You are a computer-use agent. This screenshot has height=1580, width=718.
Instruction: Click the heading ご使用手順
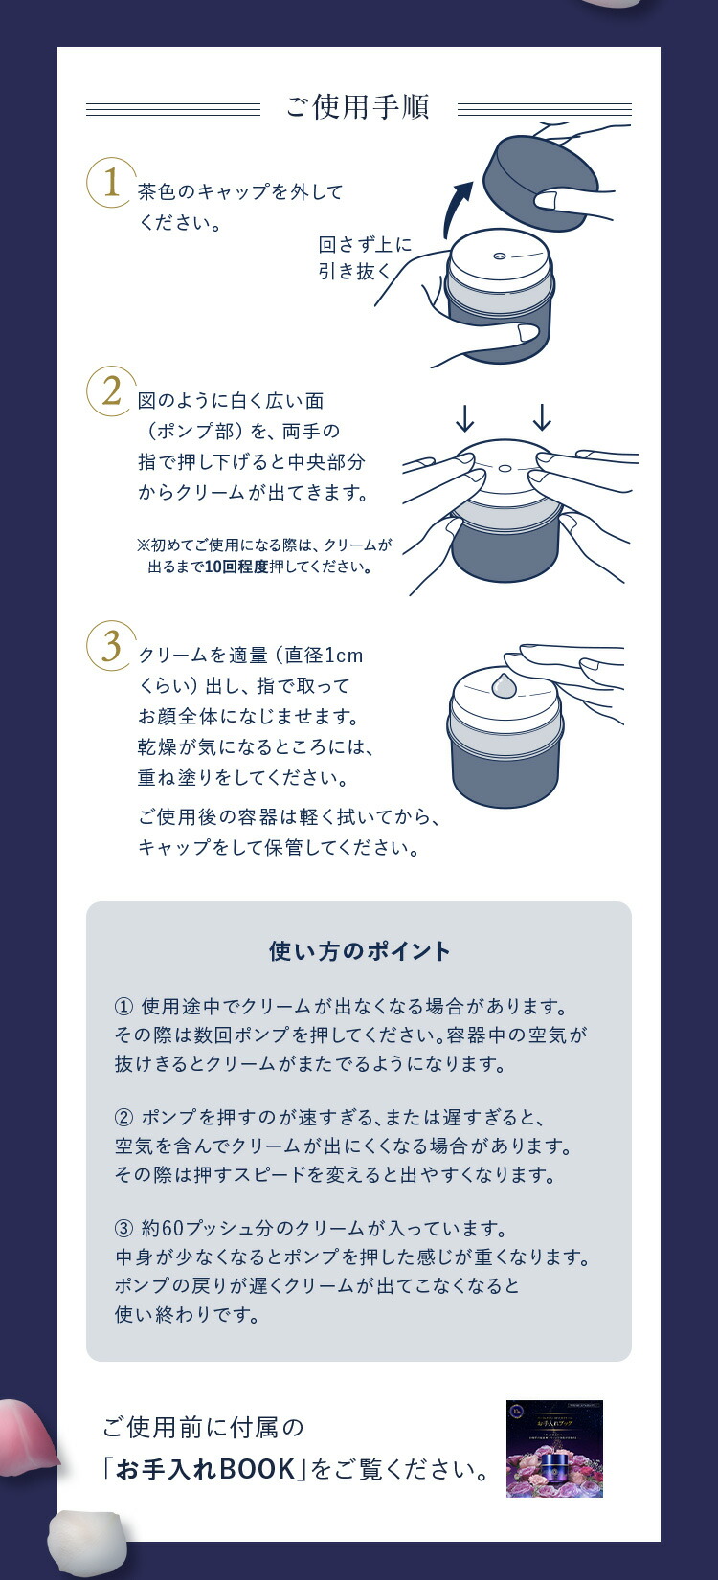(x=358, y=107)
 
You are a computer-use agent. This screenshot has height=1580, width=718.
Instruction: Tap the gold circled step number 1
(x=111, y=182)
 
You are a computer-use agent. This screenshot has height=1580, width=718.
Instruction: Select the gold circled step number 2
(x=111, y=390)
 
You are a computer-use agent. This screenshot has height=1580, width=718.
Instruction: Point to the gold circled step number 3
(x=111, y=645)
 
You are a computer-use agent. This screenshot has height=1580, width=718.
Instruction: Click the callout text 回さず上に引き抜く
(x=365, y=257)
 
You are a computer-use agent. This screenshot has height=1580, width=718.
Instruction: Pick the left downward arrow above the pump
(x=465, y=417)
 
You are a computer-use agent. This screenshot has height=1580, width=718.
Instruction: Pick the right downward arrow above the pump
(x=542, y=417)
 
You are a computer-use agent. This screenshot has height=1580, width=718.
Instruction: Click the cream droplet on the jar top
(x=505, y=685)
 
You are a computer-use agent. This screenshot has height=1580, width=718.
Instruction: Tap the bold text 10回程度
(x=237, y=567)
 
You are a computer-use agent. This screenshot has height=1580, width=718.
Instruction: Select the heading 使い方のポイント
(x=359, y=951)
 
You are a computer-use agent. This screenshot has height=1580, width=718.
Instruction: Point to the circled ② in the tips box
(x=123, y=1117)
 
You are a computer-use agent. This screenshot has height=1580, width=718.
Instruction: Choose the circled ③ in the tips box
(x=123, y=1228)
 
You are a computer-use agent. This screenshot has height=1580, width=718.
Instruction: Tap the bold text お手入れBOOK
(x=205, y=1469)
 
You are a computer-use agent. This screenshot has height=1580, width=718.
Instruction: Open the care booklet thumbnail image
(x=554, y=1448)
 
